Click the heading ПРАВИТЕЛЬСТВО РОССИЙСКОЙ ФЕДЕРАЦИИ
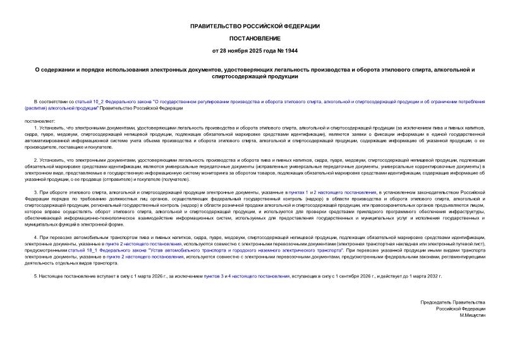tap(255, 26)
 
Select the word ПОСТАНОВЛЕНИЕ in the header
tap(255, 38)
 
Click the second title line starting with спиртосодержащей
tap(255, 76)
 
